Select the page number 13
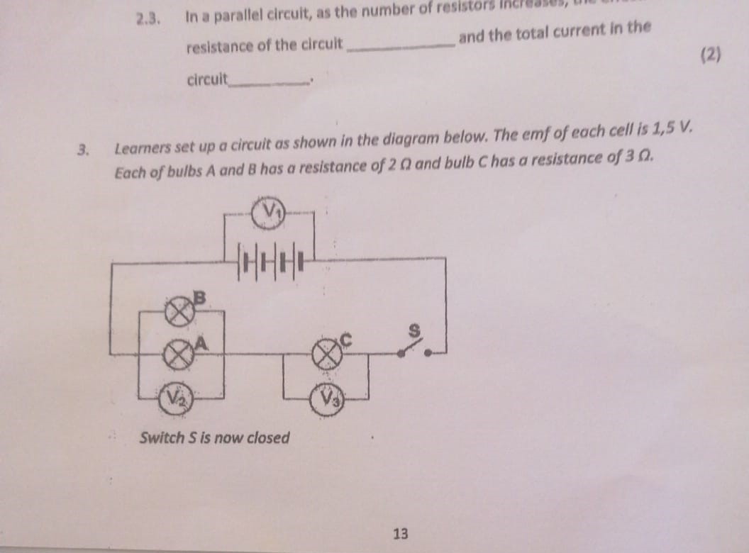(x=400, y=533)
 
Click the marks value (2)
(x=710, y=55)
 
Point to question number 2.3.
(x=148, y=17)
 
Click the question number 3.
(x=84, y=150)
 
